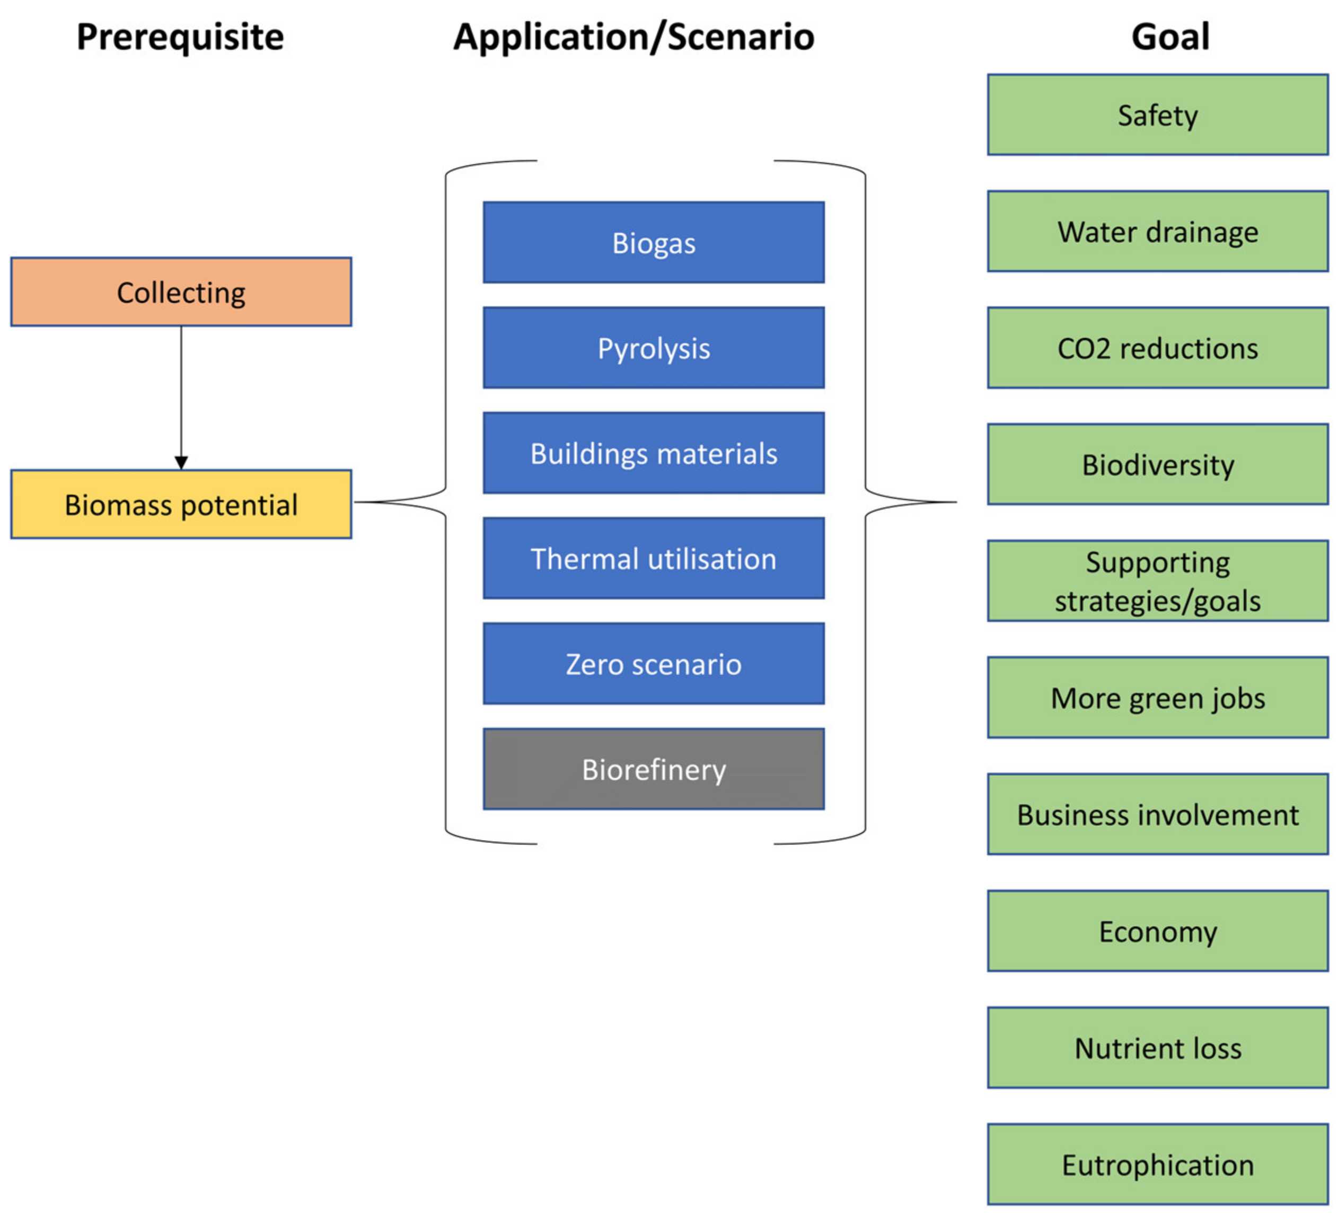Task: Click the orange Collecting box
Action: coord(181,292)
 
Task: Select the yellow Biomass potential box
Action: coord(181,504)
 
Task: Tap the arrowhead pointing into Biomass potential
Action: coord(181,462)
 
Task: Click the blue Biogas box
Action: coord(654,242)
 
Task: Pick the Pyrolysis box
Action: coord(654,348)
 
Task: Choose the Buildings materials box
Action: coord(654,453)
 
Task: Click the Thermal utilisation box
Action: coord(654,558)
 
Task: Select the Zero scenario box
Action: coord(654,664)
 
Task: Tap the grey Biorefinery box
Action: coord(654,769)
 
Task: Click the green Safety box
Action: coord(1157,115)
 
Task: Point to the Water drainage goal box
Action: coord(1157,232)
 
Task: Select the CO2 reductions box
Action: coord(1157,348)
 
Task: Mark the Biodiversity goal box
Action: coord(1157,464)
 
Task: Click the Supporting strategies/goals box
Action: coord(1157,580)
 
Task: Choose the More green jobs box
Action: coord(1157,698)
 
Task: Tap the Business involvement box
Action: coord(1157,814)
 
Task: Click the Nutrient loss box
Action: coord(1157,1048)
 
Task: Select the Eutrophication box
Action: coord(1157,1165)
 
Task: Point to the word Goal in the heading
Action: coord(1170,37)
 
